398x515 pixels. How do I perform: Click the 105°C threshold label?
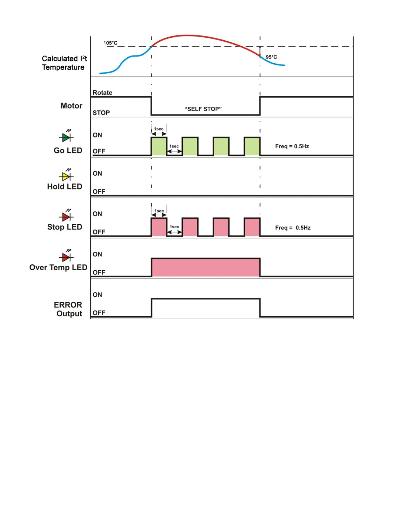(110, 43)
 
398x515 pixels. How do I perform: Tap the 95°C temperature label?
(271, 57)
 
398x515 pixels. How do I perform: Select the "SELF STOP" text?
(203, 109)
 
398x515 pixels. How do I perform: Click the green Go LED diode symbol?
(66, 137)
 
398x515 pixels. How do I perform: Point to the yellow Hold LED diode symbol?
(66, 177)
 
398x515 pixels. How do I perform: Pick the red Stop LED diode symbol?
(66, 217)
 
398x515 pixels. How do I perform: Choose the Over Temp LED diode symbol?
(66, 257)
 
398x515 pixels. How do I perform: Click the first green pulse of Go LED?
(159, 146)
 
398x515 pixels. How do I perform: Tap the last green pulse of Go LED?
(252, 146)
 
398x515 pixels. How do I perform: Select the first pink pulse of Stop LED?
(159, 227)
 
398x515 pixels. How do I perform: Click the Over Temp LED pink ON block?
(206, 267)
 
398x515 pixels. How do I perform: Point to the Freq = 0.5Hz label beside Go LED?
(292, 146)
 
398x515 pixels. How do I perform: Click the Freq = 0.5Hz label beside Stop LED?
(293, 228)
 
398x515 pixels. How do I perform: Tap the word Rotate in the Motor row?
(102, 93)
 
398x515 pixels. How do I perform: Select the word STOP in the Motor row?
(101, 113)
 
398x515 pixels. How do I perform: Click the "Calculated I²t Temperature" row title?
(64, 63)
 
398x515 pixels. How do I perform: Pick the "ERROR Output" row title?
(68, 309)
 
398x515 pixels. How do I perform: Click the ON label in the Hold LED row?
(97, 174)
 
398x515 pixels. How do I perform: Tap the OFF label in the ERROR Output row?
(99, 313)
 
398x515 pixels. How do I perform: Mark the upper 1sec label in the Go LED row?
(159, 129)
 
